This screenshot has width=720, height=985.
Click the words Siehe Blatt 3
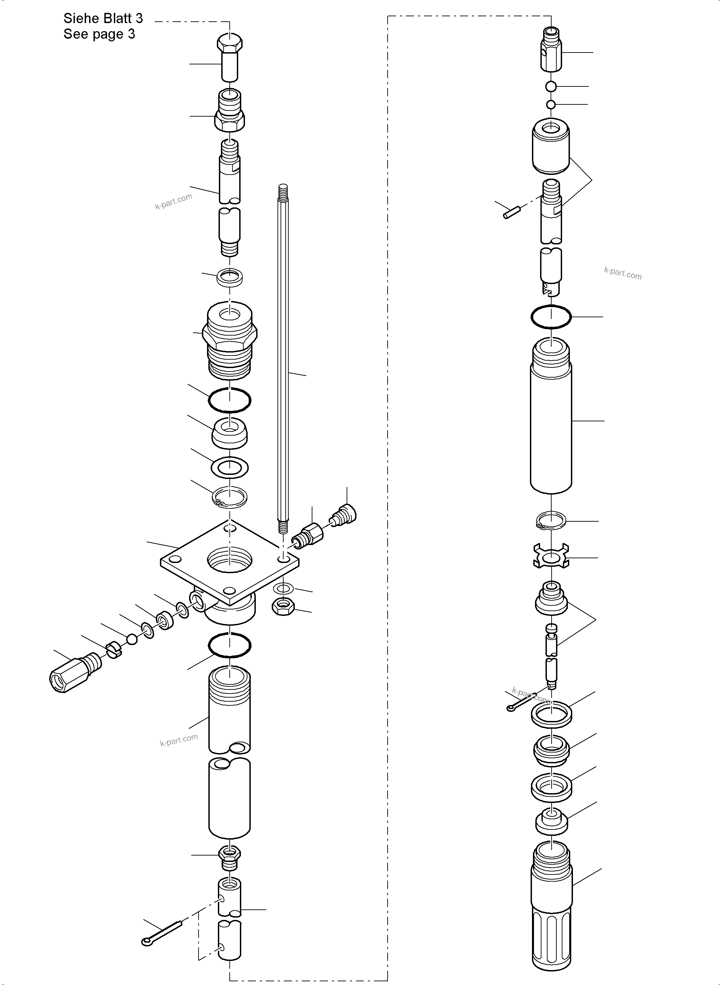click(103, 18)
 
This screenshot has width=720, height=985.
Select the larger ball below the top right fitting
click(551, 86)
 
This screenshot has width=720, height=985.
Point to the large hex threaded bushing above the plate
click(230, 339)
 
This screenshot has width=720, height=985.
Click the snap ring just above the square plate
click(230, 497)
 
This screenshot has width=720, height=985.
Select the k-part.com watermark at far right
click(622, 274)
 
